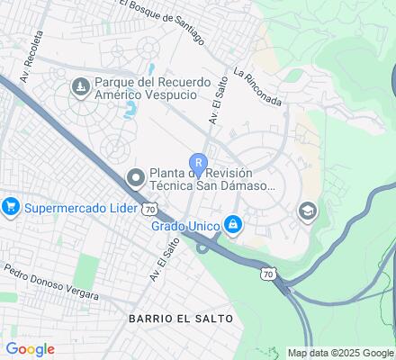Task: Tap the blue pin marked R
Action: tap(198, 163)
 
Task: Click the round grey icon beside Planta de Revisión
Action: tap(136, 176)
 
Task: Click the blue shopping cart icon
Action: tap(12, 207)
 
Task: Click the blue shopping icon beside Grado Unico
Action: tap(233, 222)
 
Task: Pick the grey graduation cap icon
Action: tap(308, 211)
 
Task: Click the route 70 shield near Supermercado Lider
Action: tap(150, 208)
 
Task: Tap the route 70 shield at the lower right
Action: tap(266, 274)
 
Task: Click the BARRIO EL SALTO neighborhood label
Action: tap(180, 319)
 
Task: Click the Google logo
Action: tap(29, 349)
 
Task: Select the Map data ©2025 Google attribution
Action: tap(340, 353)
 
